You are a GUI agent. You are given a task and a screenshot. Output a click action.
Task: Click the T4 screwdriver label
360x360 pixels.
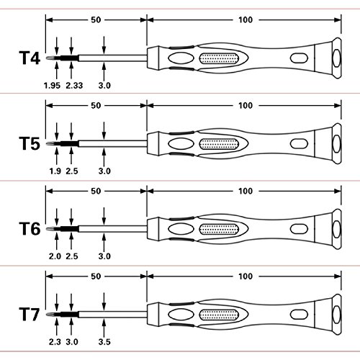(30, 58)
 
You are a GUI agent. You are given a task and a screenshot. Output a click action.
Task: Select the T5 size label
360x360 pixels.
(30, 143)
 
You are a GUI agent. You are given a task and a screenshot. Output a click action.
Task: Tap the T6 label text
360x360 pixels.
(30, 229)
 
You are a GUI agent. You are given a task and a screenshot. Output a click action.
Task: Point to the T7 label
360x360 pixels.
(30, 314)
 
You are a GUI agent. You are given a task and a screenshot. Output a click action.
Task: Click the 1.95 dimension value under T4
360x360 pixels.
(52, 86)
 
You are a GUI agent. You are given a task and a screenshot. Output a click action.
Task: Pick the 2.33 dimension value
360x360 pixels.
(74, 86)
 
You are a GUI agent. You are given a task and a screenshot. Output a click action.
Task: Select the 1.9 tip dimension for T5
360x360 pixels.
(55, 171)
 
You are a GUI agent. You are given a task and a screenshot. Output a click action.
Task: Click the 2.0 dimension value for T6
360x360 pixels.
(55, 256)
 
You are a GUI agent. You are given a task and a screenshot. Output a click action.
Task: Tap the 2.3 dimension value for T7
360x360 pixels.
(55, 342)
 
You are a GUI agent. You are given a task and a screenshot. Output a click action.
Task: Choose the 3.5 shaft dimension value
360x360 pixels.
(104, 342)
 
